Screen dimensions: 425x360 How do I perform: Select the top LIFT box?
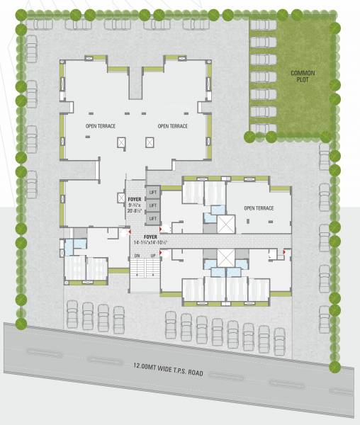click(152, 192)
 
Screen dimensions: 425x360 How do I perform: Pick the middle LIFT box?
click(152, 205)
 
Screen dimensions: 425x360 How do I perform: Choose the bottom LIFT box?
click(152, 218)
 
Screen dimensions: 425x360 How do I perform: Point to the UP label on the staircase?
click(152, 255)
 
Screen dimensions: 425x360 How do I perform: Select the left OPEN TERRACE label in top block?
click(101, 126)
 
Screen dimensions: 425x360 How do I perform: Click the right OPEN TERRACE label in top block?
click(173, 126)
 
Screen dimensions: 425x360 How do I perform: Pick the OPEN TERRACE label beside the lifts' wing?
click(259, 208)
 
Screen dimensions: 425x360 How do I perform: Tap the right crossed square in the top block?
click(150, 142)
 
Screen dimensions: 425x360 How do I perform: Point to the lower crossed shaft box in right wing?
click(226, 258)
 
